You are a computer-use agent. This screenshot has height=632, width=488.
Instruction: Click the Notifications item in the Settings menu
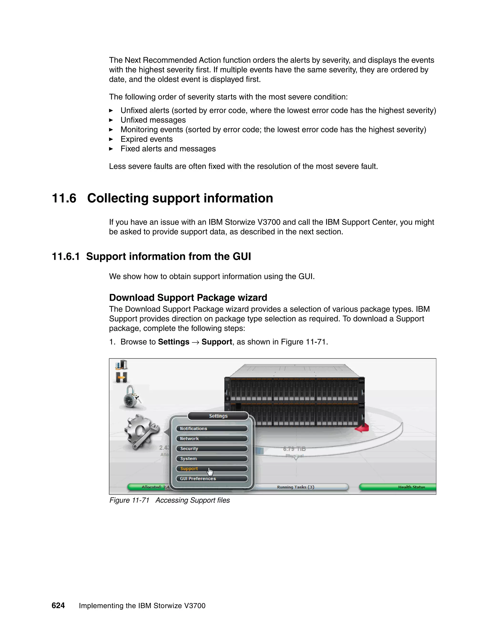pyautogui.click(x=212, y=429)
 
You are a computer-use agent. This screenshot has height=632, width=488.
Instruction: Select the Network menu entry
pyautogui.click(x=212, y=439)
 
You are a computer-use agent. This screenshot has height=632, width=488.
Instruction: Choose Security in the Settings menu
pyautogui.click(x=212, y=449)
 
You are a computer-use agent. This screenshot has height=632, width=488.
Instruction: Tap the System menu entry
pyautogui.click(x=212, y=459)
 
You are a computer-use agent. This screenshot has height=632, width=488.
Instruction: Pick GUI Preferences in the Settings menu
pyautogui.click(x=212, y=479)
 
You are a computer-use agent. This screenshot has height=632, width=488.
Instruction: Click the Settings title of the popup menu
pyautogui.click(x=218, y=416)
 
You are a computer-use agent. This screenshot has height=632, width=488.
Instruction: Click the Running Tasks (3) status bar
pyautogui.click(x=295, y=487)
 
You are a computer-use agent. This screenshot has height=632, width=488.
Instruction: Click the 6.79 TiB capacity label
pyautogui.click(x=294, y=449)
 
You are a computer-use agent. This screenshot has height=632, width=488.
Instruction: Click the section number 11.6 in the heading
pyautogui.click(x=64, y=198)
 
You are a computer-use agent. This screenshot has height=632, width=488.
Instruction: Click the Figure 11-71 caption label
pyautogui.click(x=129, y=500)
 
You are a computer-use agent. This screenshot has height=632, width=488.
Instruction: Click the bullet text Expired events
pyautogui.click(x=147, y=139)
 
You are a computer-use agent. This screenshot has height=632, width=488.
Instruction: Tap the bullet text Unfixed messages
pyautogui.click(x=153, y=120)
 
